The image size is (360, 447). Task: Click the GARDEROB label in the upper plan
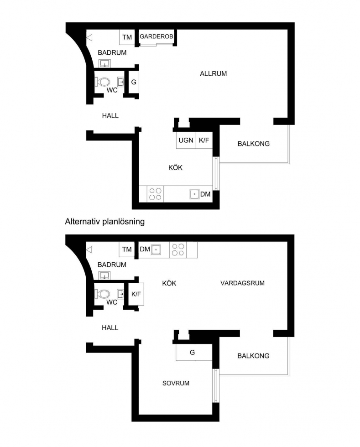157,36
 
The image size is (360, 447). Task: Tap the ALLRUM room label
214,73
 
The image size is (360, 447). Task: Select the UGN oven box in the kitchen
186,140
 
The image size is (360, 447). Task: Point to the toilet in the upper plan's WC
103,82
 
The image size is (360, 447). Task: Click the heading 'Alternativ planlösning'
104,222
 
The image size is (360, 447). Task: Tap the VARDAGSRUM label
242,283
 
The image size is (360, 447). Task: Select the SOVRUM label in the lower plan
176,383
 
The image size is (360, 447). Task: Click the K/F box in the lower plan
136,294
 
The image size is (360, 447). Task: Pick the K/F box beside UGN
204,140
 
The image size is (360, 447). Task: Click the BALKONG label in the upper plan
254,144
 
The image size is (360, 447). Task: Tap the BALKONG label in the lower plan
253,356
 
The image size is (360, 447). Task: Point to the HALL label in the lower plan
110,328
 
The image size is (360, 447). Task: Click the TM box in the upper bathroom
127,37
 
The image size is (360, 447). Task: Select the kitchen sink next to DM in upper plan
194,194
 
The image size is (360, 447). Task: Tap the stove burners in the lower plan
178,250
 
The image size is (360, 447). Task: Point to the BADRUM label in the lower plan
112,265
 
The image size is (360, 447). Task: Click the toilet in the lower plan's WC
103,294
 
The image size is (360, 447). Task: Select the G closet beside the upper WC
134,82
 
